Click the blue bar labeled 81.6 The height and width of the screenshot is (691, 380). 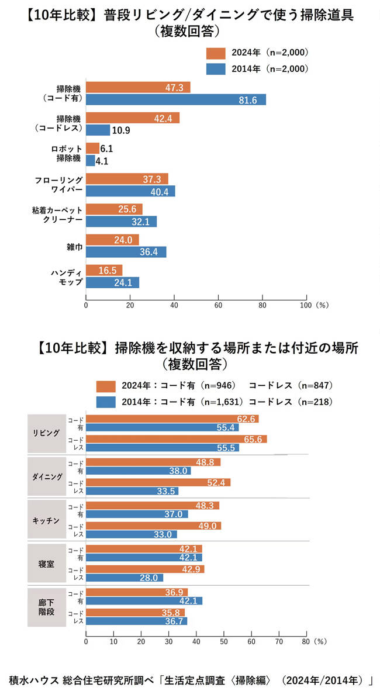click(x=175, y=99)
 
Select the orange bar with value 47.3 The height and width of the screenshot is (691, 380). click(x=138, y=88)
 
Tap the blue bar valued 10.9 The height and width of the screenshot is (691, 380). click(x=98, y=130)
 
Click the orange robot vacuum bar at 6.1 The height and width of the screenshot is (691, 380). click(x=92, y=148)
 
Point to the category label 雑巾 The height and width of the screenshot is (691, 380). click(x=73, y=246)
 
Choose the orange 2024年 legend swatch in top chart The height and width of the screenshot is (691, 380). click(x=216, y=53)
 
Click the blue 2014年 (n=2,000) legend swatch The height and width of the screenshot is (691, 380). click(x=216, y=68)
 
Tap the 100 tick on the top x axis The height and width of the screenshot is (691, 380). click(x=306, y=305)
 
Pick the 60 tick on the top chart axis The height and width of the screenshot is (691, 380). click(x=218, y=305)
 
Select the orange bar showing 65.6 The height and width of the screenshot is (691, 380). click(x=176, y=439)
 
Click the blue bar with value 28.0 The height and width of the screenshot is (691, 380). click(x=125, y=578)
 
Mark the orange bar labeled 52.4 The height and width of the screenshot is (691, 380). click(x=158, y=482)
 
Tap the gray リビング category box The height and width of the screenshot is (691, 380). click(x=46, y=433)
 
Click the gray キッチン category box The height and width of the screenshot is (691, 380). click(x=46, y=520)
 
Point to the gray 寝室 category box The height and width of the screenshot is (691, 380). click(x=46, y=563)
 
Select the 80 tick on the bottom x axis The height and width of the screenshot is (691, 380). click(x=305, y=641)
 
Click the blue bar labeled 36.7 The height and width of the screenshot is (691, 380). click(x=136, y=621)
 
